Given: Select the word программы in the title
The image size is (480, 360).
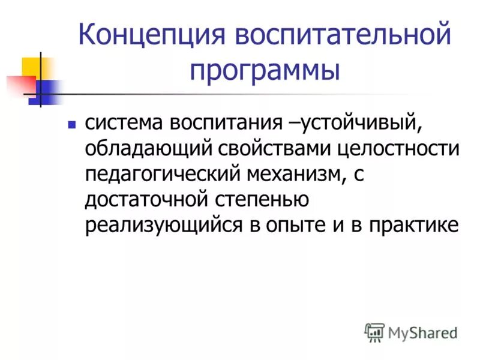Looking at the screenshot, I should coord(265,71).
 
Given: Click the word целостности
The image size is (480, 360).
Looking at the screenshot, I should coord(400,148).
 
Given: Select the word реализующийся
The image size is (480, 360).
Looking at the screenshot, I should coord(157,224).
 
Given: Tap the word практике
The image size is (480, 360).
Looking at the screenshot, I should coord(413,224).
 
